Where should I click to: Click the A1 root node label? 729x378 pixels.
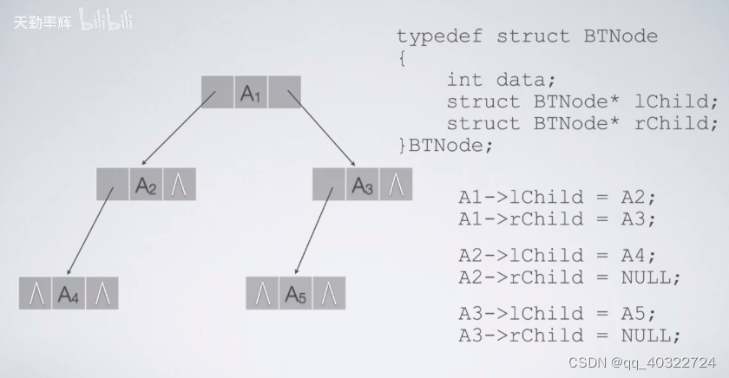coord(251,93)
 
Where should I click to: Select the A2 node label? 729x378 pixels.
coord(146,184)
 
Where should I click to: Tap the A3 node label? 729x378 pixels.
coord(363,184)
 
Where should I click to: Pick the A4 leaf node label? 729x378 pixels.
coord(69,294)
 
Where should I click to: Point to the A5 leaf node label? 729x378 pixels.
coord(296,294)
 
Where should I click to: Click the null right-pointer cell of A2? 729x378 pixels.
coord(180,184)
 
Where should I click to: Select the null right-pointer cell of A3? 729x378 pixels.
coord(397,184)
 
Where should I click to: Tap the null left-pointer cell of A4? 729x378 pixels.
coord(36,294)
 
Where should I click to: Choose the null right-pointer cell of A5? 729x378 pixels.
coord(329,294)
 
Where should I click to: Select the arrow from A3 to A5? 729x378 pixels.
coord(314,230)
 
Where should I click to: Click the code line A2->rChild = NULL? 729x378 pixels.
coord(569,277)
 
